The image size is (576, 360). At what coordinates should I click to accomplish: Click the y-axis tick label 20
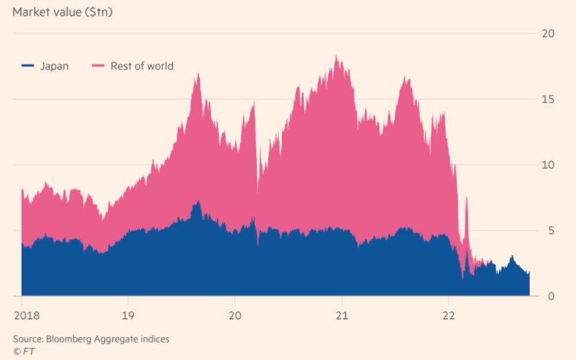point(548,33)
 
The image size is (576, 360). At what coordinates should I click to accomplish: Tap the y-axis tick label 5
point(550,231)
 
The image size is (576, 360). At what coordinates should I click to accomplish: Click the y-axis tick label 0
point(550,297)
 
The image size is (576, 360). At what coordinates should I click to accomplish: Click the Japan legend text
point(54,66)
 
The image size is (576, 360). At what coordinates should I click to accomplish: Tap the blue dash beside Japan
point(27,66)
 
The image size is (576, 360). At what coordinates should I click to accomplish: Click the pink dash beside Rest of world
point(99,66)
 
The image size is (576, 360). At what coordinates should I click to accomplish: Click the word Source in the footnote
point(27,339)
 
